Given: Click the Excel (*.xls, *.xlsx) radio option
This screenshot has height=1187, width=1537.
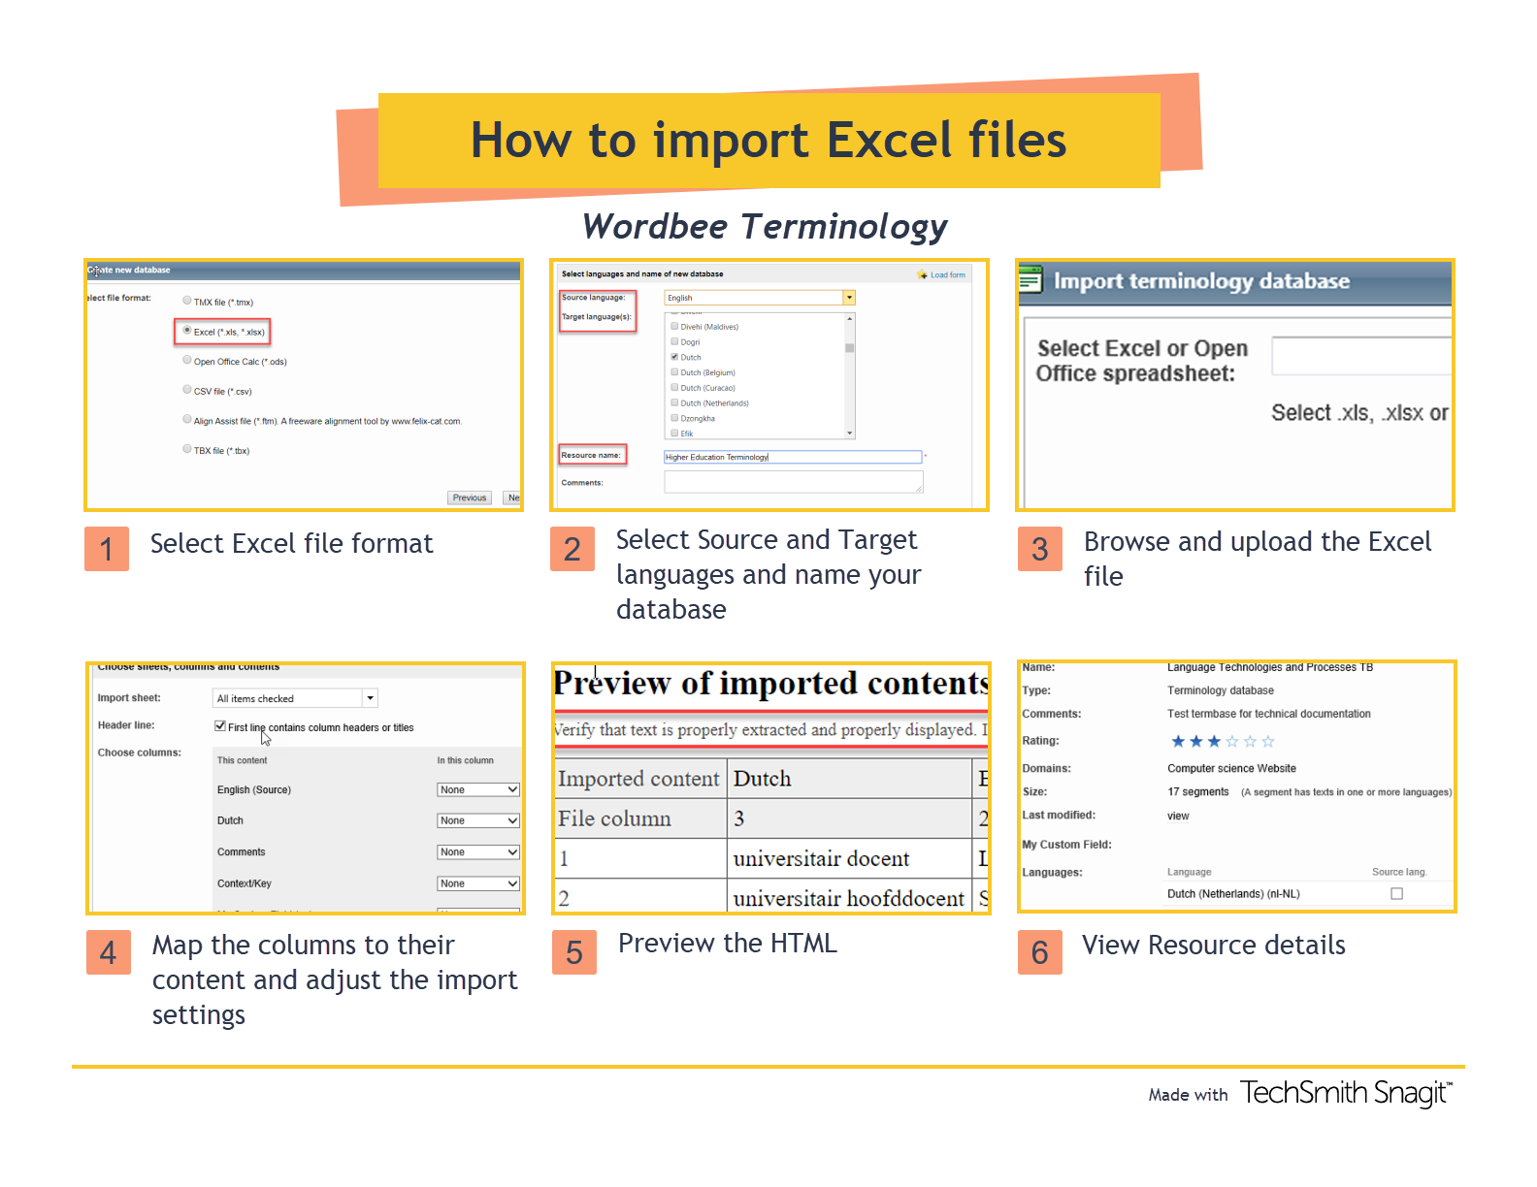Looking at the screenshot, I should tap(187, 331).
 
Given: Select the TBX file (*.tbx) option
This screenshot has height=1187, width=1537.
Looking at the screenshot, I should tap(187, 449).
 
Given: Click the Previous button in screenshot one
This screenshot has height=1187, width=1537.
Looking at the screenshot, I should tap(470, 497).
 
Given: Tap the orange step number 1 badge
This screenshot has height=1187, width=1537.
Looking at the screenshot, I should tap(107, 549).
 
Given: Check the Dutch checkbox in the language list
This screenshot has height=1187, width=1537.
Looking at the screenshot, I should tap(674, 357).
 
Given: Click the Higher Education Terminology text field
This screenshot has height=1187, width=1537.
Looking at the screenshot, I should tap(792, 457).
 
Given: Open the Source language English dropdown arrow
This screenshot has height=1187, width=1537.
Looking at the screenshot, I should tap(849, 298).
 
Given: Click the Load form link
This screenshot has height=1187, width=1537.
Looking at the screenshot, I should tap(947, 274).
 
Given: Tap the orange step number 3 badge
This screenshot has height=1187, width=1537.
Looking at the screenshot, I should tap(1039, 549).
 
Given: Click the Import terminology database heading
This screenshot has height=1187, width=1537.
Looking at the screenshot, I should tap(1201, 281).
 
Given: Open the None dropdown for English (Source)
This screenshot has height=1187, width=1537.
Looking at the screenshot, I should tap(478, 789).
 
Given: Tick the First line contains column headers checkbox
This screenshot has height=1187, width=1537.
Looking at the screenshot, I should tap(220, 726).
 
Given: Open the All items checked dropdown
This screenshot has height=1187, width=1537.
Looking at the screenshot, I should tap(370, 698).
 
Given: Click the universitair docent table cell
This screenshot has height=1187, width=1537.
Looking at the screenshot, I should tap(821, 858).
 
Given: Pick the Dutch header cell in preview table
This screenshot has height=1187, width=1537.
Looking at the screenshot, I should tap(763, 779).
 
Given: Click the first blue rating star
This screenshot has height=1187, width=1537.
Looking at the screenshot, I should tap(1178, 742).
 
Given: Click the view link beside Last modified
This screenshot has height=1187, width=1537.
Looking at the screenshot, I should tap(1178, 816).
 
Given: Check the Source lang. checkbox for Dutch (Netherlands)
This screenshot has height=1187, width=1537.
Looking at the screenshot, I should tap(1396, 893).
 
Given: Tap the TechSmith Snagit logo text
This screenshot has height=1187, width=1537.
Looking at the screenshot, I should tap(1345, 1093).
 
